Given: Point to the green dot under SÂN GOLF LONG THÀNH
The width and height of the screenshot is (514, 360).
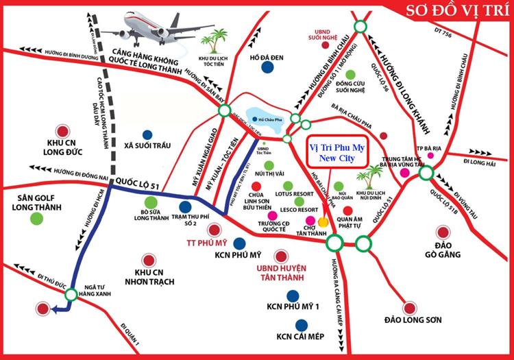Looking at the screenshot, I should pos(35,219).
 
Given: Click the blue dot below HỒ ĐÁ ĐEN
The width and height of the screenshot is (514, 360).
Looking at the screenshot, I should pos(265,67).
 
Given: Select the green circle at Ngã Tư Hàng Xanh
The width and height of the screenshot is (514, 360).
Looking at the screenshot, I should pos(71,295).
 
